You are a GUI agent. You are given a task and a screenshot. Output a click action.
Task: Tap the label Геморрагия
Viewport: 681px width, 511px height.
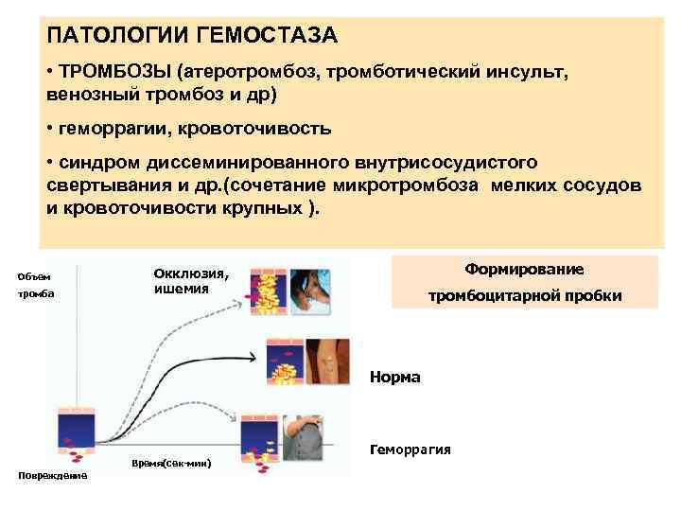(410, 449)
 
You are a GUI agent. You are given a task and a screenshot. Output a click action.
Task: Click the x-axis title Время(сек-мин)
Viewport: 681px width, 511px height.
(171, 463)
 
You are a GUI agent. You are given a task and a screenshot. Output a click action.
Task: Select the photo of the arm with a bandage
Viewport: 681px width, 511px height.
(330, 357)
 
